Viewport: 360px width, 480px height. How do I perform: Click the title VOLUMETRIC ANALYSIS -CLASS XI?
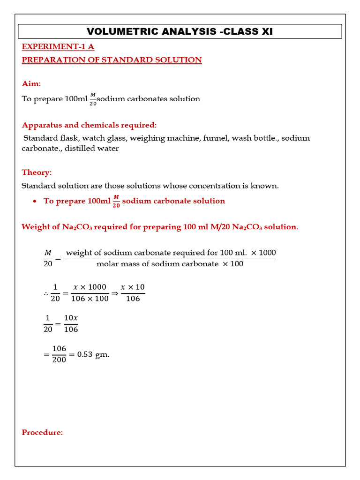coord(180,32)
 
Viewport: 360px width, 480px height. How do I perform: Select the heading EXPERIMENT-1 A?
coord(58,46)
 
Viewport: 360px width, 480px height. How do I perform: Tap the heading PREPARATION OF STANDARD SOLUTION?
coord(112,60)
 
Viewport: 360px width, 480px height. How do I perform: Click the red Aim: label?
coord(31,83)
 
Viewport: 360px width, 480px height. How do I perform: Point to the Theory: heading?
coord(37,172)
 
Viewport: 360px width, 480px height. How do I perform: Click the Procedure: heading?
coord(42,432)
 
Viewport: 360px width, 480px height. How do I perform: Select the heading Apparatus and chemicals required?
coord(89,125)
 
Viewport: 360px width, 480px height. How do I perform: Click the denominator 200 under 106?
coord(59,360)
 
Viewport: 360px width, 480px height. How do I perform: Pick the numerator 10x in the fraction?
coord(71,318)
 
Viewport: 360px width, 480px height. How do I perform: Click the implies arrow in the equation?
coord(114,292)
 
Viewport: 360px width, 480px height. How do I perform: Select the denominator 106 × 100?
coord(90,299)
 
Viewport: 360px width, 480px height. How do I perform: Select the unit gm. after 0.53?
coord(102,354)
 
